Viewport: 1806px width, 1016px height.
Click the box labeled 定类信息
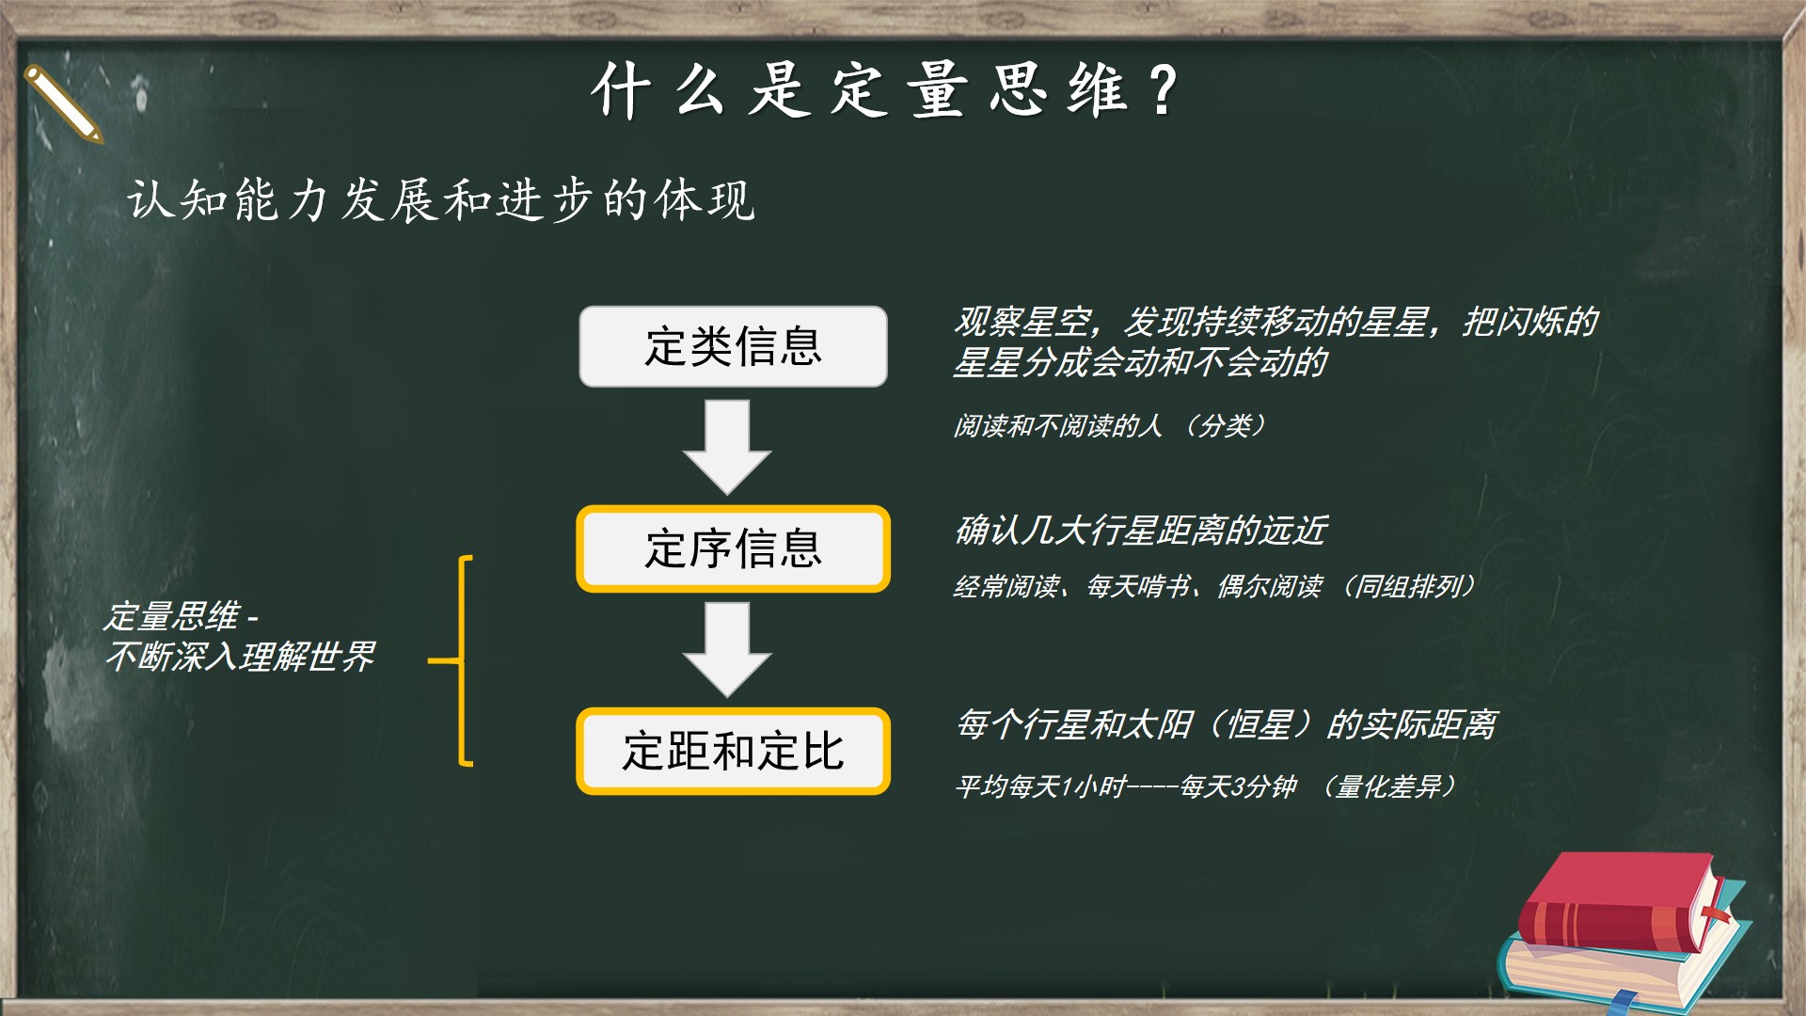(x=733, y=346)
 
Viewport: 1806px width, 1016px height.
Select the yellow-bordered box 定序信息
(x=733, y=548)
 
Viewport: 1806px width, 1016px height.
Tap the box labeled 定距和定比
(x=733, y=751)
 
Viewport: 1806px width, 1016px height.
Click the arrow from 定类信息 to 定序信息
(x=727, y=447)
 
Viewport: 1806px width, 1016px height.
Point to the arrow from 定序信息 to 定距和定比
(x=727, y=649)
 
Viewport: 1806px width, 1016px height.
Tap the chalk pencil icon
(x=62, y=103)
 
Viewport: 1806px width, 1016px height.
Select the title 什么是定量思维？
(x=885, y=91)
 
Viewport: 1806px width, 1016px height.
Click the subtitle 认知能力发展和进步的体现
(x=441, y=199)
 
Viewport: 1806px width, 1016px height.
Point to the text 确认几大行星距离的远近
(x=1141, y=531)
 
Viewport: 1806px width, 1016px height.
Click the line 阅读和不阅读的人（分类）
(x=1110, y=426)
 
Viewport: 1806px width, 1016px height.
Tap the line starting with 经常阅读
(x=1214, y=587)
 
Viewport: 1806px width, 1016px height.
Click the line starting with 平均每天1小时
(x=1207, y=786)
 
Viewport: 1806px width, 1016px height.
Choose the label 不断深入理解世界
(x=241, y=657)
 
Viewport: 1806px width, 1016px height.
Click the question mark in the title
(x=1164, y=91)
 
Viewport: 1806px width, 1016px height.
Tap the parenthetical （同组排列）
(x=1405, y=587)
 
